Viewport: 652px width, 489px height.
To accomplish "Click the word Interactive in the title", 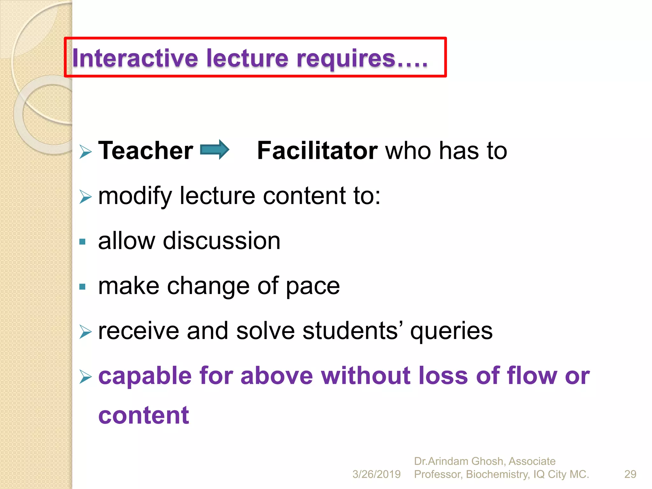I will tap(135, 58).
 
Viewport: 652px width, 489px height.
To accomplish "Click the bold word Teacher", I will tap(145, 151).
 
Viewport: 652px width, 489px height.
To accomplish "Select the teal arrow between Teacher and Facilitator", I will tap(214, 150).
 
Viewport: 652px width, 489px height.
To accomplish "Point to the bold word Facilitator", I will tap(317, 151).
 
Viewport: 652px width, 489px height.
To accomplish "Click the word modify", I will tap(135, 196).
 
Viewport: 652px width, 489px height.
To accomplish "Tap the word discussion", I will tap(222, 241).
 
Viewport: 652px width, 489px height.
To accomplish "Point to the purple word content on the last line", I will tap(144, 415).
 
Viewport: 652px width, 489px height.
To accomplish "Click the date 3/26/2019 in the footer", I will tap(376, 474).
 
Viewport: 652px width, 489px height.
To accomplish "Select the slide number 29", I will tap(630, 474).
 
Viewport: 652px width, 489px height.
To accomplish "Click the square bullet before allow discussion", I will tap(82, 242).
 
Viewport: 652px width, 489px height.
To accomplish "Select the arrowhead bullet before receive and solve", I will tap(85, 332).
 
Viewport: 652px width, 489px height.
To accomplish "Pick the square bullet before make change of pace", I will tap(82, 287).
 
